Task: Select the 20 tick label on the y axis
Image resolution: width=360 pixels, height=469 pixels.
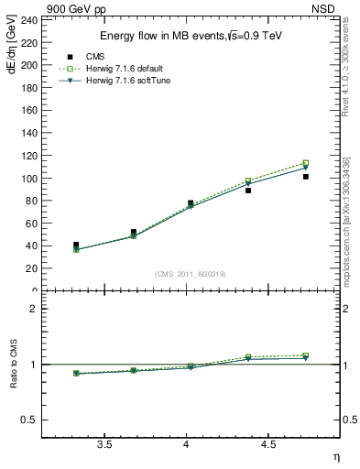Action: [32, 268]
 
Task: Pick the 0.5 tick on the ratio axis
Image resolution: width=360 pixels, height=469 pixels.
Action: [30, 420]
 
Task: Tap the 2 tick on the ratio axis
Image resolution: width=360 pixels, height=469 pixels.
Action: [33, 309]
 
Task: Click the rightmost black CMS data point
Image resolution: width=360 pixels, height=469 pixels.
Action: [306, 177]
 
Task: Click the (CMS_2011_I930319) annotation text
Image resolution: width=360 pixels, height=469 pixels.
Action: [191, 274]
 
